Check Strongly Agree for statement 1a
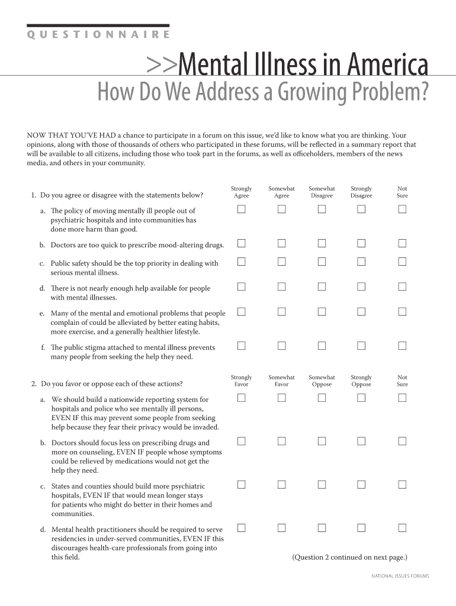click(x=242, y=209)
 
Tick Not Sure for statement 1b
click(x=402, y=243)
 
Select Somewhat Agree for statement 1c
click(x=281, y=262)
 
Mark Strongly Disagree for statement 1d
click(x=361, y=286)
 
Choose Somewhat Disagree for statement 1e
click(x=322, y=311)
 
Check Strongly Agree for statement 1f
click(x=242, y=346)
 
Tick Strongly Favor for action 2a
click(x=242, y=398)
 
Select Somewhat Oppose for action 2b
click(x=322, y=441)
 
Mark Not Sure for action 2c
click(x=402, y=485)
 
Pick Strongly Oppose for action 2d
click(x=361, y=528)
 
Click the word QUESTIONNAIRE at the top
click(x=98, y=35)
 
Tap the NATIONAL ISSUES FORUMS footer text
click(x=400, y=576)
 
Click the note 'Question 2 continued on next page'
click(x=349, y=557)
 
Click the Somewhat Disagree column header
click(x=322, y=192)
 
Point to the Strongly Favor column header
click(x=242, y=381)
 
